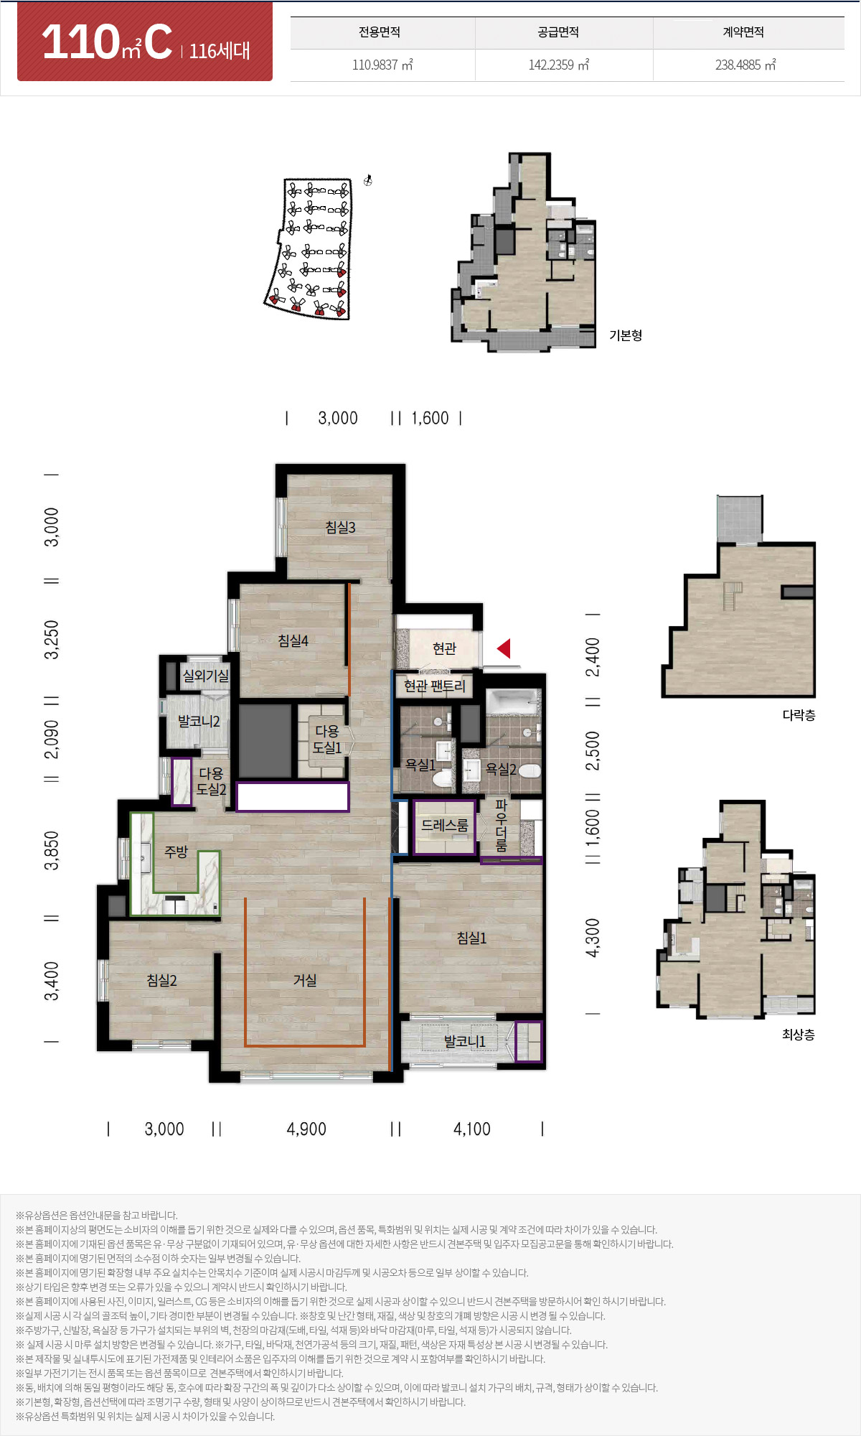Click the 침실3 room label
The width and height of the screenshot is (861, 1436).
tap(340, 528)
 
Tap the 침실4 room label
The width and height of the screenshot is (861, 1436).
tap(293, 640)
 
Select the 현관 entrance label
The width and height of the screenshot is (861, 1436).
tap(444, 648)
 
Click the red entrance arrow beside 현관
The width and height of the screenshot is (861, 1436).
tap(504, 648)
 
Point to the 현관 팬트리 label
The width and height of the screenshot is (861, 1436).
tap(434, 686)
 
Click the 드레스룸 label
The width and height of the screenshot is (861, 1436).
tap(444, 826)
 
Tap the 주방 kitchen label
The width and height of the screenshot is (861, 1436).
tap(176, 852)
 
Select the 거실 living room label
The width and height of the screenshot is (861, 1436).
tap(305, 980)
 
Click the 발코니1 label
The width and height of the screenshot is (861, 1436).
tap(465, 1041)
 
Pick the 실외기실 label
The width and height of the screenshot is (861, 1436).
tap(205, 676)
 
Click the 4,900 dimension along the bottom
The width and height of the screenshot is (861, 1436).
tap(306, 1129)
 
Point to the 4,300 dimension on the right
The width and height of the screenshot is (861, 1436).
tap(593, 938)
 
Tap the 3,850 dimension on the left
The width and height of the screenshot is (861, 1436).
tap(52, 851)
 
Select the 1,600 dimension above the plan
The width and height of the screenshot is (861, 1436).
tap(430, 418)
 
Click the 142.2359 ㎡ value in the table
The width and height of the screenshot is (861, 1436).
tap(559, 65)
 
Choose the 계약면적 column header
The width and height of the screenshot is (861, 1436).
tap(743, 32)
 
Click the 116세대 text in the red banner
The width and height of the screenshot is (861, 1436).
tap(220, 51)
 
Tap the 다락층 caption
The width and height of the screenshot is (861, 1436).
tap(799, 715)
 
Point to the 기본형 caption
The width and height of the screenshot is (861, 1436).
tap(626, 335)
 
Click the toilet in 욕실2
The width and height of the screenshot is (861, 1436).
tap(530, 771)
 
